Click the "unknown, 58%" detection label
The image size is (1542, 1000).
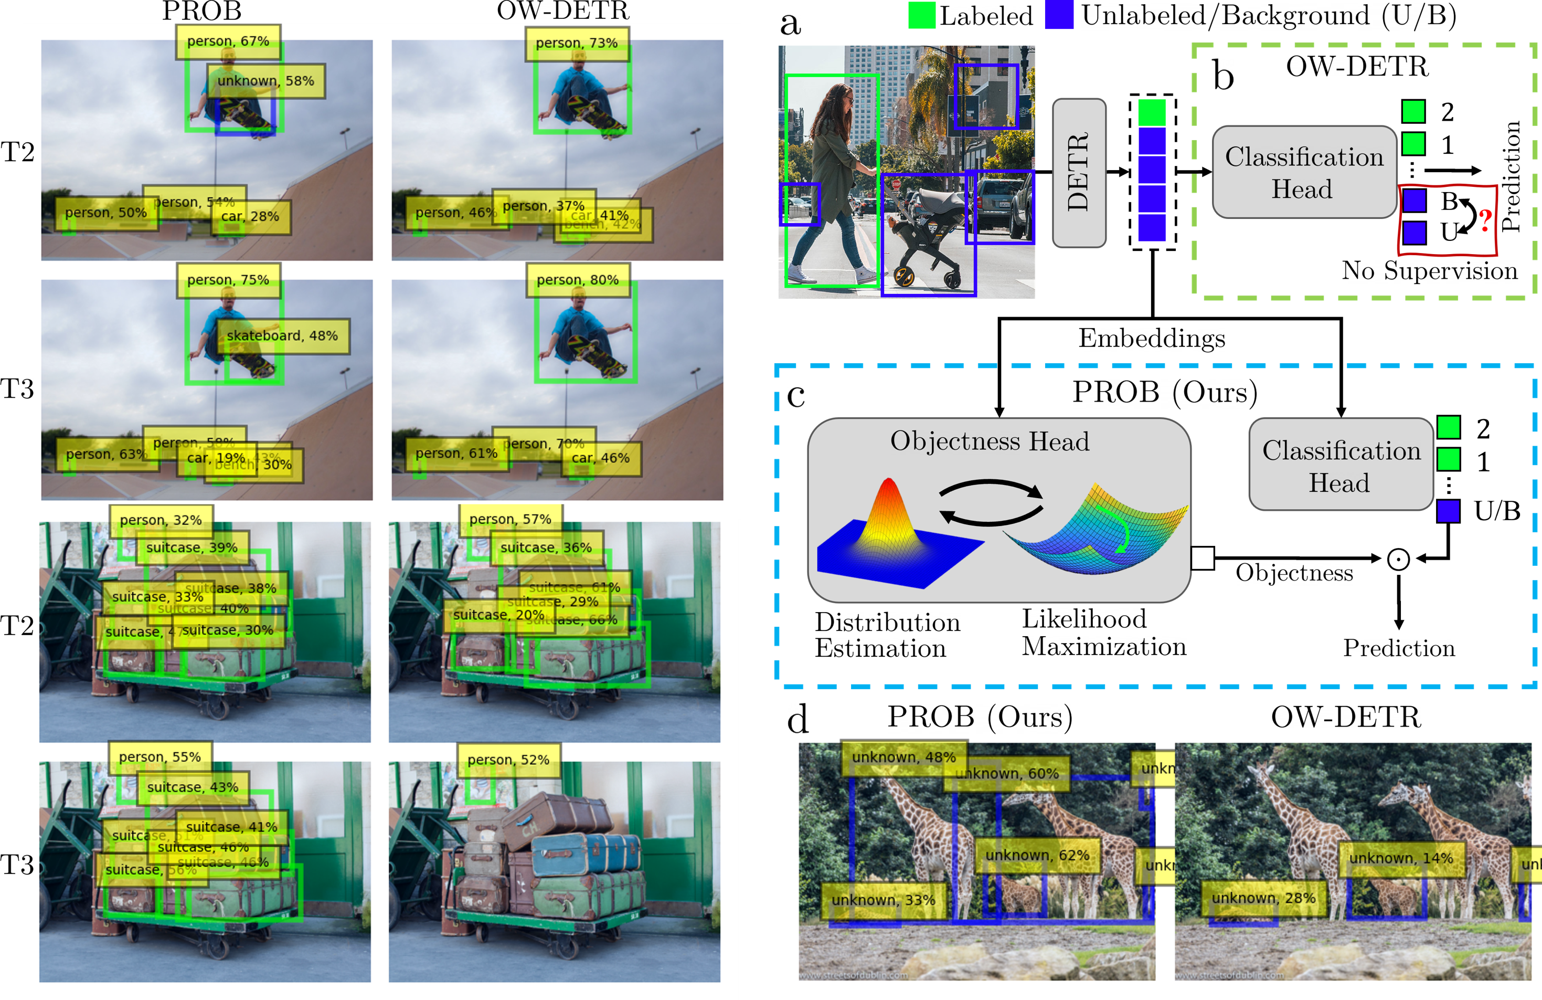(x=265, y=81)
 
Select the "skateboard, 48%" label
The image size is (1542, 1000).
(x=282, y=336)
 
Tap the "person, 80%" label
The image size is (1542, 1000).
(x=577, y=280)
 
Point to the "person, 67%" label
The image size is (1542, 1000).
(x=228, y=41)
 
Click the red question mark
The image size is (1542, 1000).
(x=1486, y=221)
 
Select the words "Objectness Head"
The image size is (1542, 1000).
(x=990, y=441)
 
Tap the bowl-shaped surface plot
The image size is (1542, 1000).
(x=1101, y=531)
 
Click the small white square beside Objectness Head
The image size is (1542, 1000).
(x=1203, y=558)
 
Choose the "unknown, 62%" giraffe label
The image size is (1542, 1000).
(x=1037, y=856)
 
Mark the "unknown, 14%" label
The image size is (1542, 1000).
(x=1401, y=858)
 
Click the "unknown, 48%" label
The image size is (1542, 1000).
(x=904, y=757)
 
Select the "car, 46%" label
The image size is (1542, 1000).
(x=601, y=458)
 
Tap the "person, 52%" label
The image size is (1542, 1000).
(x=508, y=760)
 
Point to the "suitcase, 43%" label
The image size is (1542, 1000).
(x=193, y=787)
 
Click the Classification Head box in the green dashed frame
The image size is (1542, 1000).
(x=1304, y=172)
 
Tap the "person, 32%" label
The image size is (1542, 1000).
(x=161, y=520)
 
